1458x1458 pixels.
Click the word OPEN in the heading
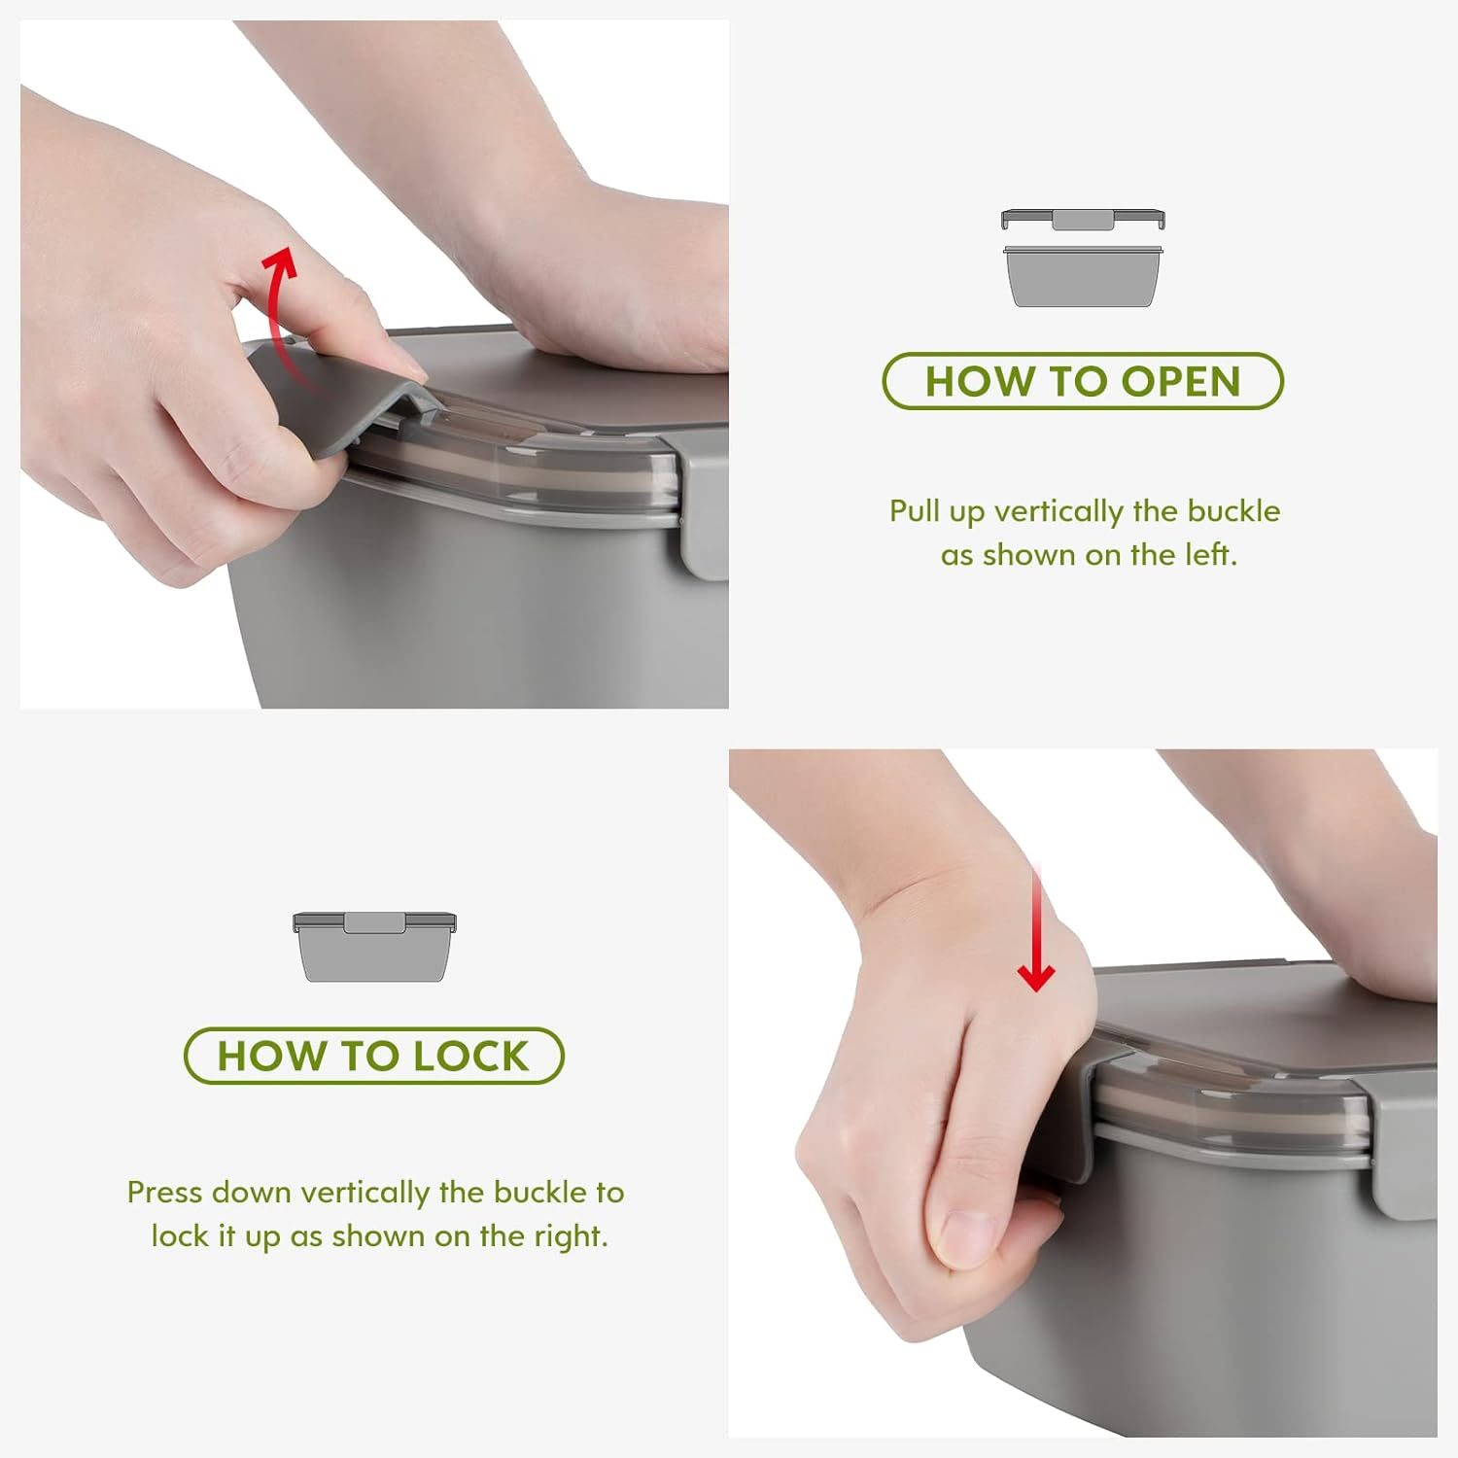1181,381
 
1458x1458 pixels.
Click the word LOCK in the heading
470,1056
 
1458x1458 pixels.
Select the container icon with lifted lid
1083,258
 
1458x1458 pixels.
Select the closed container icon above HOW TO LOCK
374,947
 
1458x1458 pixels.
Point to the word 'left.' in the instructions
1211,554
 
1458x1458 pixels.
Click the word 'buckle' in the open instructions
1234,510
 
